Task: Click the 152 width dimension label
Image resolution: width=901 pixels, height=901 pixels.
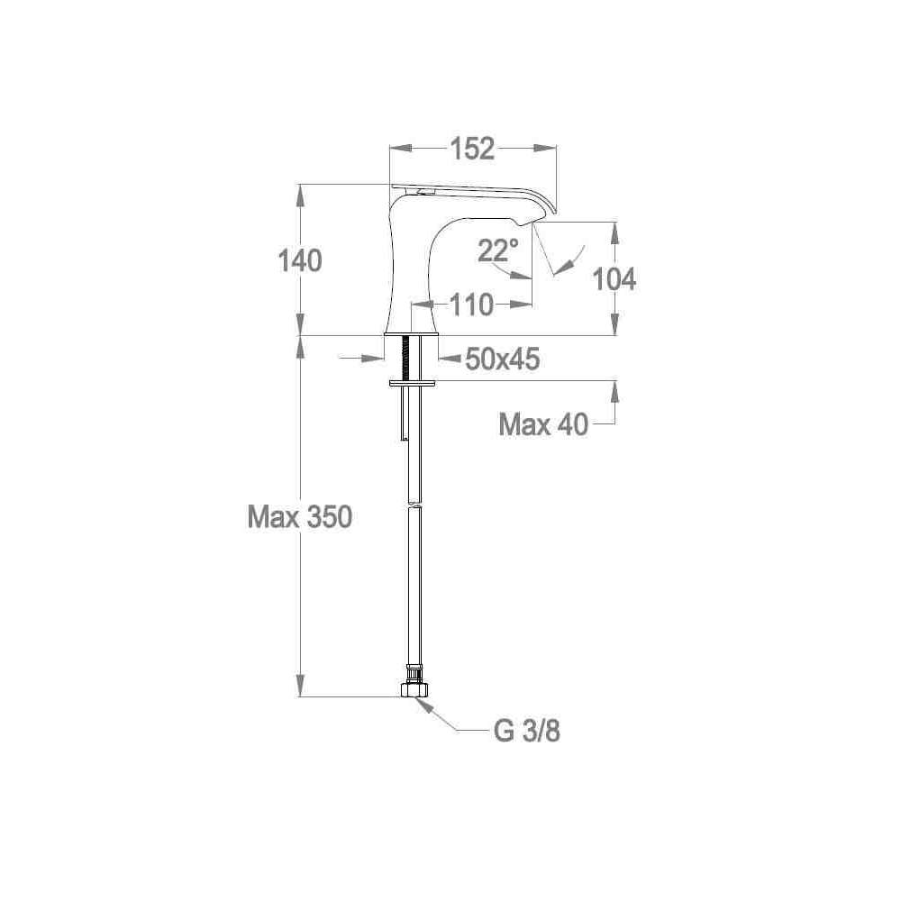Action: pyautogui.click(x=472, y=149)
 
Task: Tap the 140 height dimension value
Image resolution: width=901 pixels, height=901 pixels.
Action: pyautogui.click(x=300, y=261)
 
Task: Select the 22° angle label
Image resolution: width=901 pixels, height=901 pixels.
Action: pyautogui.click(x=497, y=250)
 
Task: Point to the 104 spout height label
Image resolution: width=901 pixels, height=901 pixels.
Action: pyautogui.click(x=614, y=280)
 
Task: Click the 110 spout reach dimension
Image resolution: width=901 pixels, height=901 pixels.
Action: pyautogui.click(x=471, y=305)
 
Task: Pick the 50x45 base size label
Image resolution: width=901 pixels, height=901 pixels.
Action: pyautogui.click(x=502, y=359)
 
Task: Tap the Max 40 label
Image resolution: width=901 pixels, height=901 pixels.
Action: pyautogui.click(x=543, y=424)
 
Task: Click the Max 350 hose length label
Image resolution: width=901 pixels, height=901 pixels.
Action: pyautogui.click(x=299, y=516)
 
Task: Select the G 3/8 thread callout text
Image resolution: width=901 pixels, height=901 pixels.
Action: pyautogui.click(x=527, y=732)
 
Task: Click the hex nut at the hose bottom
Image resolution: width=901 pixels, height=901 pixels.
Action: pyautogui.click(x=414, y=689)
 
